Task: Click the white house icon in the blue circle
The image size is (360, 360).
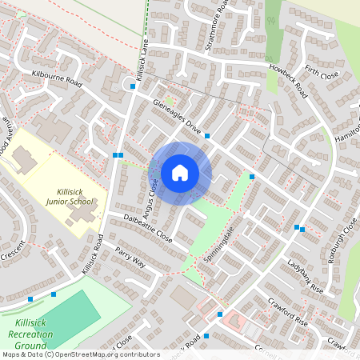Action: (x=180, y=173)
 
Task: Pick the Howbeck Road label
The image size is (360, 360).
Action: (x=288, y=81)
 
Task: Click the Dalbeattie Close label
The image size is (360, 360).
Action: (x=148, y=228)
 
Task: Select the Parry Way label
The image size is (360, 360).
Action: (x=130, y=257)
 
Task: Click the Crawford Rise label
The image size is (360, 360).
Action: (x=290, y=311)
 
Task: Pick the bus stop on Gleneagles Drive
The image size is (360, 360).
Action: (x=207, y=136)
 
